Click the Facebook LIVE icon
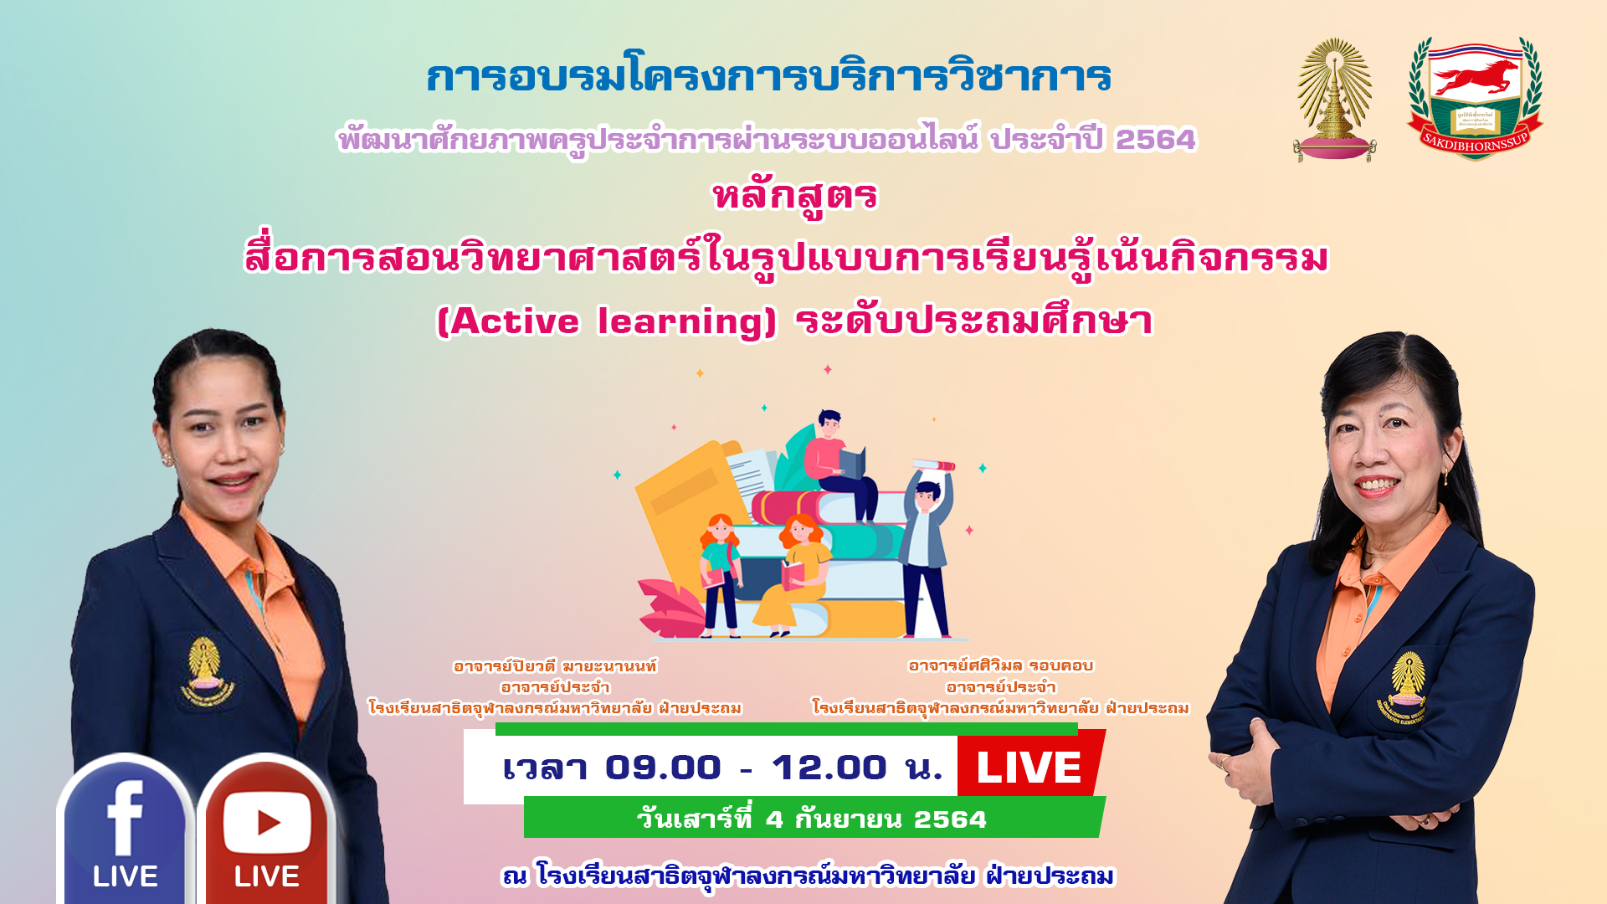pyautogui.click(x=126, y=829)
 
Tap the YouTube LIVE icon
pyautogui.click(x=266, y=829)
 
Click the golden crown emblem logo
pyautogui.click(x=1334, y=99)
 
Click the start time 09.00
pyautogui.click(x=663, y=768)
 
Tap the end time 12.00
pyautogui.click(x=829, y=768)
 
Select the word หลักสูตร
pyautogui.click(x=795, y=197)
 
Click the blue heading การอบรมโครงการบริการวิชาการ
pyautogui.click(x=768, y=76)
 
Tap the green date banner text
pyautogui.click(x=812, y=819)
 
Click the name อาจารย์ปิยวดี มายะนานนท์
pyautogui.click(x=555, y=666)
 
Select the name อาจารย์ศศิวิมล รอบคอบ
pyautogui.click(x=1001, y=665)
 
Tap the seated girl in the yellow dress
pyautogui.click(x=790, y=575)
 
